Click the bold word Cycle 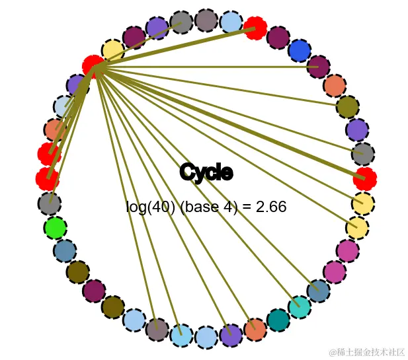tap(206, 172)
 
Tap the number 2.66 tap(271, 207)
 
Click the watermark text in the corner tap(367, 352)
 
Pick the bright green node tap(55, 228)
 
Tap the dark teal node tap(278, 320)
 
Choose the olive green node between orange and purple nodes tap(347, 106)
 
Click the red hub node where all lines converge tap(94, 67)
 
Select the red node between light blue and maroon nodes tap(255, 28)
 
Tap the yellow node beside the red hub tap(113, 50)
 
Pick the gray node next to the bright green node tap(49, 203)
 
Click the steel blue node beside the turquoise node tap(318, 291)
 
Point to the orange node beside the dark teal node tap(255, 329)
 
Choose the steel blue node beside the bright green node tap(65, 251)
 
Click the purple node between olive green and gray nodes tap(357, 129)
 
